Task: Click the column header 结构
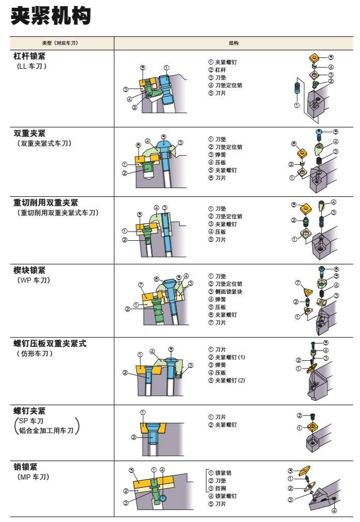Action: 233,43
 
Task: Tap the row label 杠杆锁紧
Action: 29,56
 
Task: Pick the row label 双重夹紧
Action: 29,133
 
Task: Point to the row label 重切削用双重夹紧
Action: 45,202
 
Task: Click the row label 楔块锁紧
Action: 29,270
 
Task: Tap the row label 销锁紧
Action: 25,467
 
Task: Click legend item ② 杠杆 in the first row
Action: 217,70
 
